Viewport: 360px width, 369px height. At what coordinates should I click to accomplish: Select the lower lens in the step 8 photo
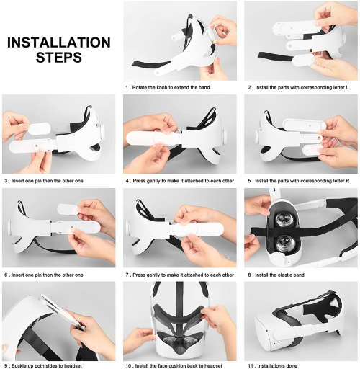pos(287,243)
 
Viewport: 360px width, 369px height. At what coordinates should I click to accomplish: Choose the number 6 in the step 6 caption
pos(5,275)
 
